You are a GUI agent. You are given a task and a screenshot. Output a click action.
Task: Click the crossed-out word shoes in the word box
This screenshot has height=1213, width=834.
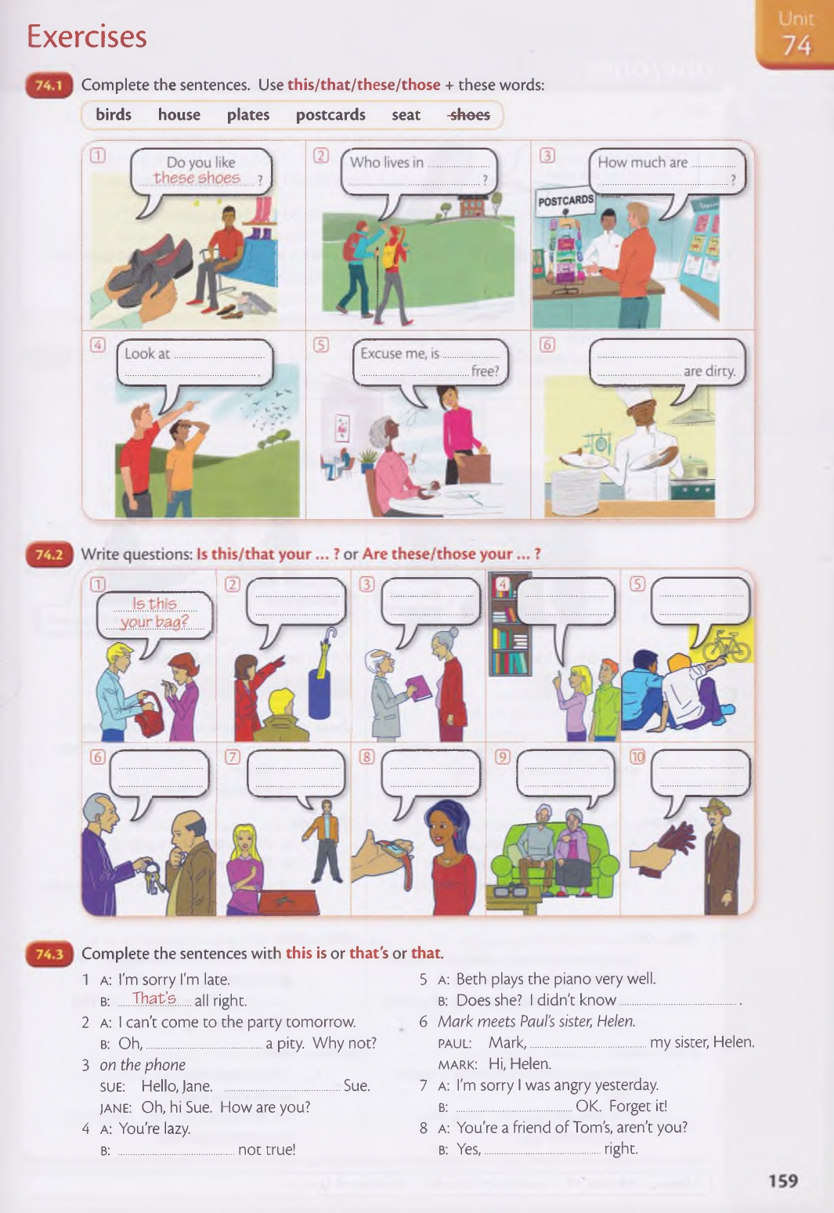click(470, 115)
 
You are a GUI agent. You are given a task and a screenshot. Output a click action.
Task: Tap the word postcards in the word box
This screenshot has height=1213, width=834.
click(330, 115)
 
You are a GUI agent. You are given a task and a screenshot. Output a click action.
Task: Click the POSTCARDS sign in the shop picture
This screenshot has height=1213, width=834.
click(565, 201)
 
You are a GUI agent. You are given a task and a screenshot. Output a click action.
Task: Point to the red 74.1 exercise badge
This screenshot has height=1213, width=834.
click(49, 85)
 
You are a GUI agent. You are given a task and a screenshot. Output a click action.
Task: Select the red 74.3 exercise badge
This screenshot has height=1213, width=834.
click(49, 954)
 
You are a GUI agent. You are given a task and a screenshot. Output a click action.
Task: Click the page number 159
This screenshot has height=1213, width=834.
click(783, 1180)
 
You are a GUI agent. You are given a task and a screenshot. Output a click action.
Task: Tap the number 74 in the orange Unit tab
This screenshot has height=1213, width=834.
click(796, 45)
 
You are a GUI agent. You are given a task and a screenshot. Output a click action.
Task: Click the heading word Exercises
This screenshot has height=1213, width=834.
click(87, 37)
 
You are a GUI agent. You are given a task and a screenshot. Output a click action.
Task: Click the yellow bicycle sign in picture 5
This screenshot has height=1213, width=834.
click(720, 642)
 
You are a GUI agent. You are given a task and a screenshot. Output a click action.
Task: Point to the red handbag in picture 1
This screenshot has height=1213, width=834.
click(148, 716)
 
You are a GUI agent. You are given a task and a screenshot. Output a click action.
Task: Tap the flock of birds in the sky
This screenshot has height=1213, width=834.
click(265, 412)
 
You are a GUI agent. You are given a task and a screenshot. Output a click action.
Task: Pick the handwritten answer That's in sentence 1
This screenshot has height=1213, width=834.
click(155, 998)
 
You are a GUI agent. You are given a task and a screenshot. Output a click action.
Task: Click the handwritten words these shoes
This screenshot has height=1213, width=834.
click(197, 178)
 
